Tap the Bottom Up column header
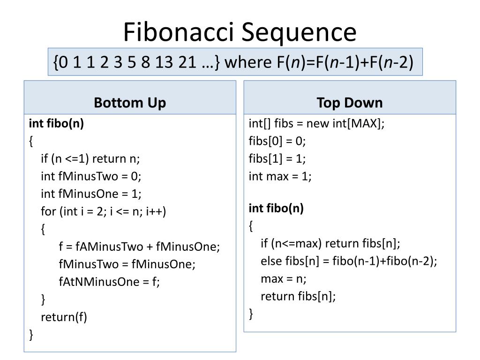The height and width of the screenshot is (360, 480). [130, 103]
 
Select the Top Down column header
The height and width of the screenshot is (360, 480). [349, 103]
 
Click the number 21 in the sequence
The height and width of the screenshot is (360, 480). [187, 62]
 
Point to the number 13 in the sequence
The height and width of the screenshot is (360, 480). [165, 62]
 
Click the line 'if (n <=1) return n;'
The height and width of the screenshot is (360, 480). [90, 159]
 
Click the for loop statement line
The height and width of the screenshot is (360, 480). [103, 211]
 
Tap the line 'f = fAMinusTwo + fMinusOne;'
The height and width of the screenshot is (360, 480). [139, 247]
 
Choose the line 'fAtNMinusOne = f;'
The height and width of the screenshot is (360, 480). [109, 282]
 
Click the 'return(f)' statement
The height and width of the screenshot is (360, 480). [64, 317]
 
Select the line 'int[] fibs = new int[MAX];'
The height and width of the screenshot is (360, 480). [316, 124]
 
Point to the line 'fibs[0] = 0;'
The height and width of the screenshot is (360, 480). [277, 141]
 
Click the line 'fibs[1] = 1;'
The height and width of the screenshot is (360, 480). [277, 159]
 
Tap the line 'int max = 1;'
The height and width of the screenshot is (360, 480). [280, 176]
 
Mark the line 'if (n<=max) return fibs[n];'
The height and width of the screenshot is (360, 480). [330, 244]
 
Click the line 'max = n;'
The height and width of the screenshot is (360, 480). [283, 279]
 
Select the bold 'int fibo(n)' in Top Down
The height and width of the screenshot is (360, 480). [276, 209]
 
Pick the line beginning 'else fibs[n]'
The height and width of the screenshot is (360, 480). [349, 261]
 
